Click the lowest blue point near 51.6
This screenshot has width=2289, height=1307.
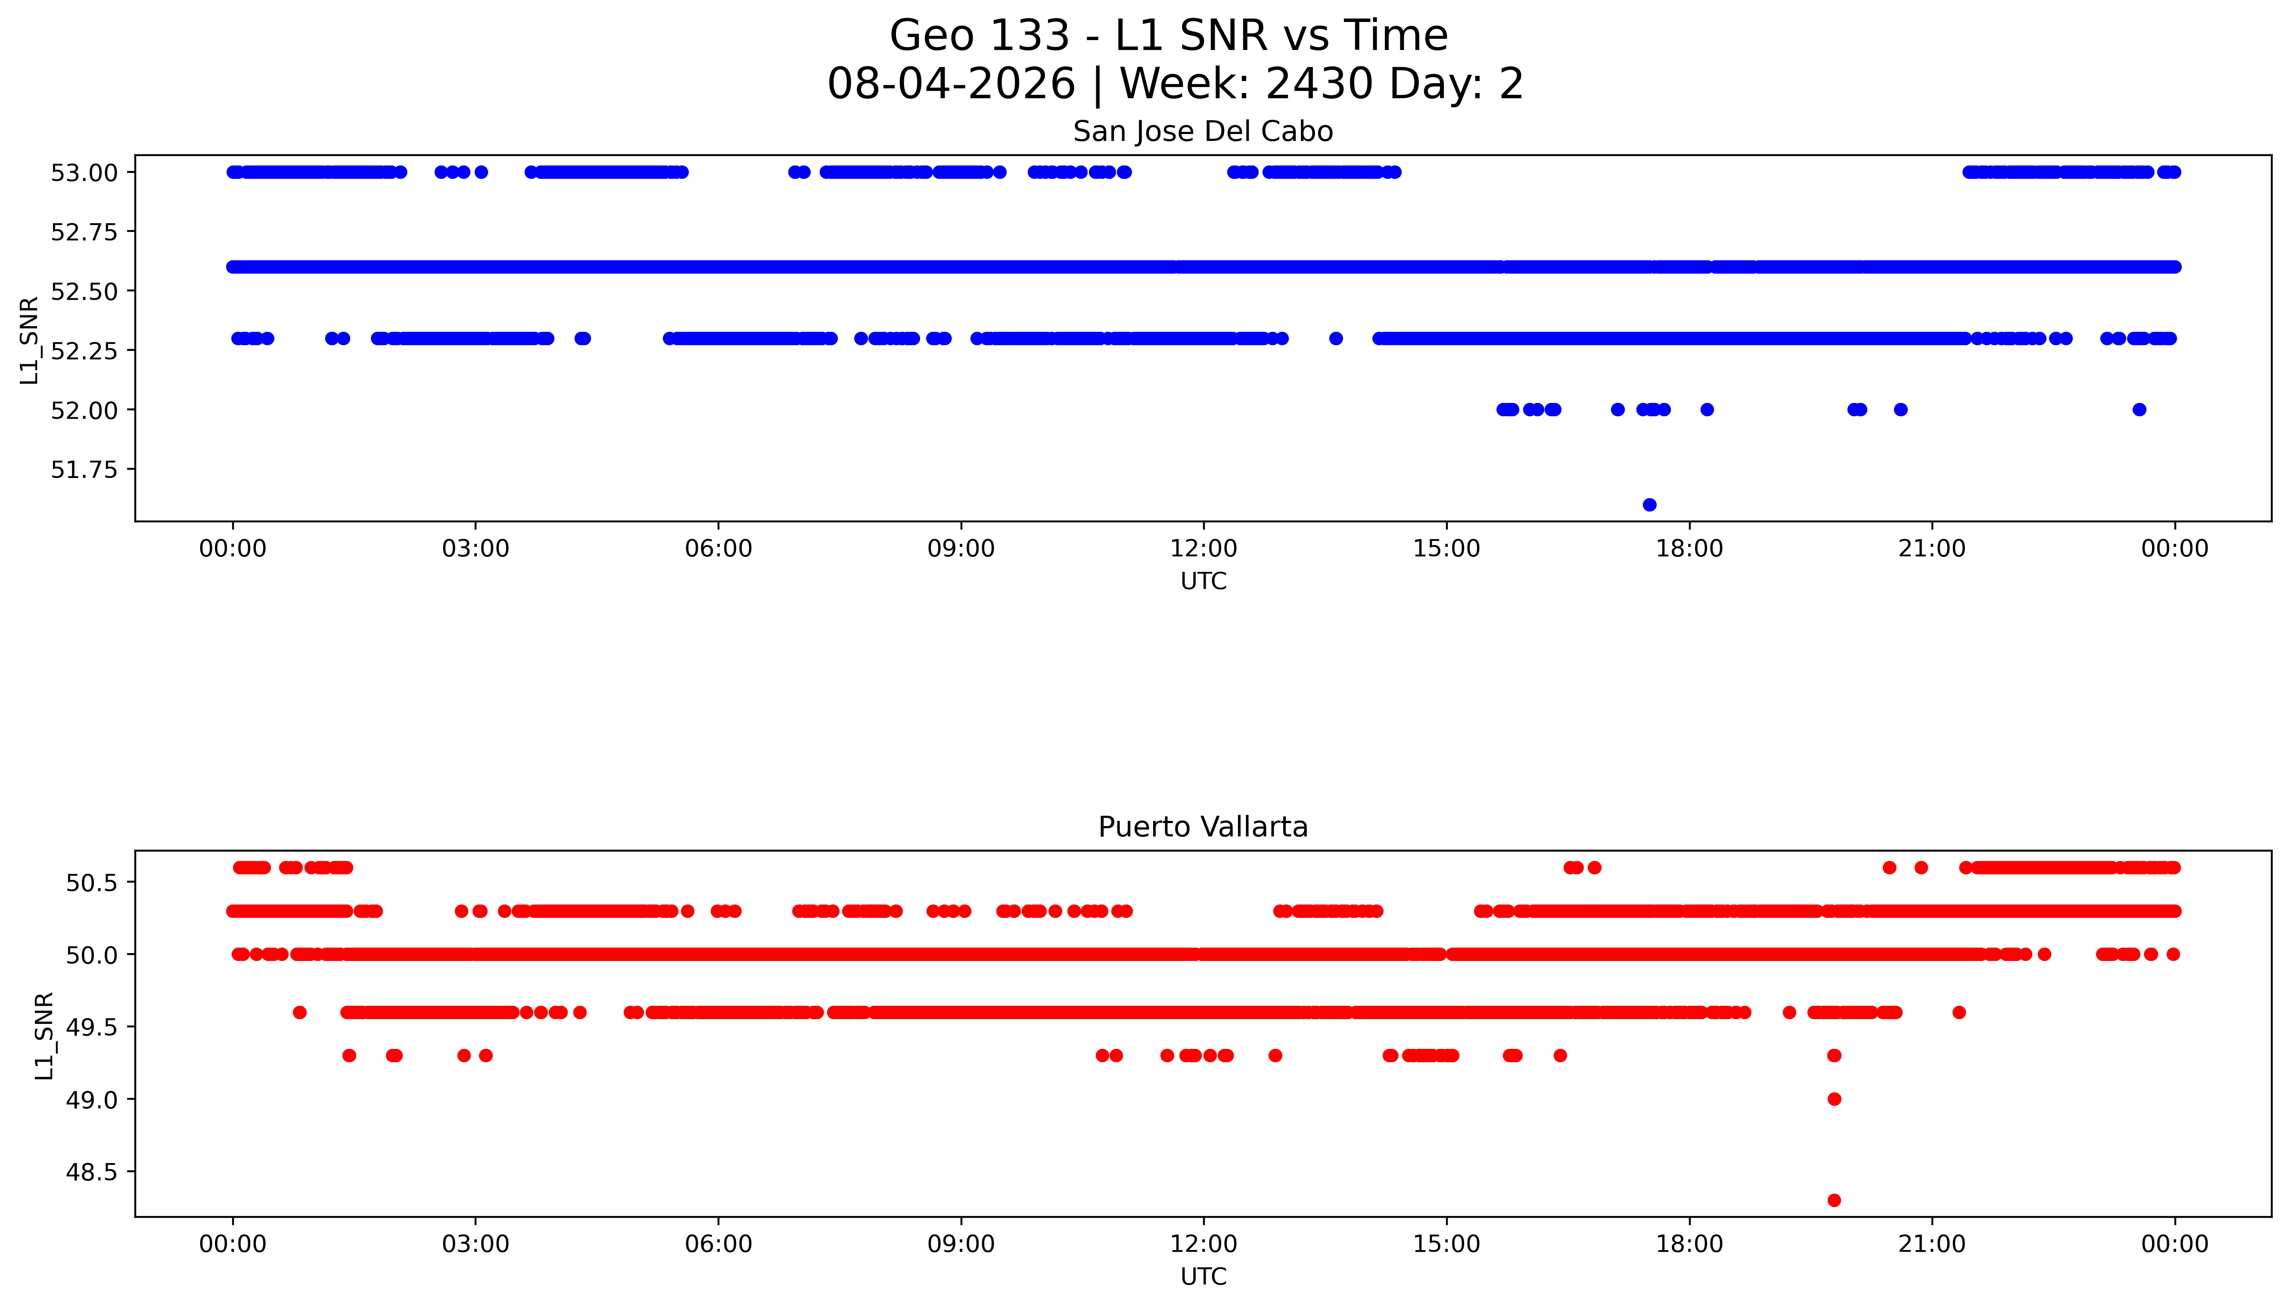[1649, 505]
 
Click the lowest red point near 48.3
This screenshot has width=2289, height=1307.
[1834, 1200]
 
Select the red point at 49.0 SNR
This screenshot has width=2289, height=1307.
[1834, 1099]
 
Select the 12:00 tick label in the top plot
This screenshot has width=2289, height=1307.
[1203, 549]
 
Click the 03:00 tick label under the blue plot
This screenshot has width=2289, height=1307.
[476, 549]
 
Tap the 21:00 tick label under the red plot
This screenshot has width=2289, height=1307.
[1932, 1244]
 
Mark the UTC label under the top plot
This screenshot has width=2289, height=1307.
[1203, 582]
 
